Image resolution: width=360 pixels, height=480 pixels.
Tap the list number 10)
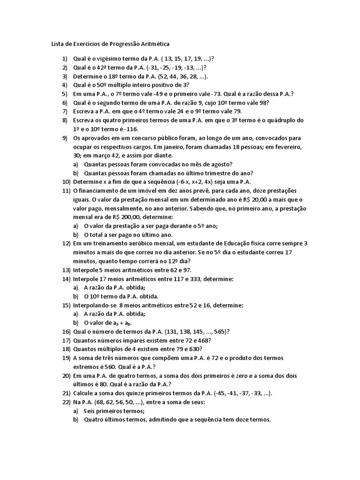66,182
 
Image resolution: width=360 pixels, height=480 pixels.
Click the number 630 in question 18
195,349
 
